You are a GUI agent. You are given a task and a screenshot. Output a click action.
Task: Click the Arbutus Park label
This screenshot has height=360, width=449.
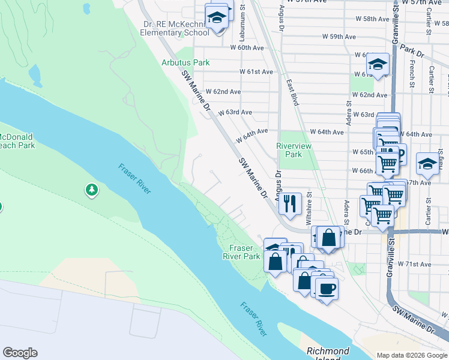tap(185, 62)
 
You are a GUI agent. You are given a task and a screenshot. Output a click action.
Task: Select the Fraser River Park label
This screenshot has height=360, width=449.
tap(245, 252)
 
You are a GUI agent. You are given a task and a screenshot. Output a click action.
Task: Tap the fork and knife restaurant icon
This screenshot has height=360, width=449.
tap(291, 203)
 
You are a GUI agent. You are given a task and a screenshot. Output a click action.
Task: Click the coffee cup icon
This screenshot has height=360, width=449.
tap(327, 290)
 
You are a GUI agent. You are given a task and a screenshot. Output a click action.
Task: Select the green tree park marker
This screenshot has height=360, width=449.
tap(91, 190)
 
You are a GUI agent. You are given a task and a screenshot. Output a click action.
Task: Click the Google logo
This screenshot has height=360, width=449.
tap(20, 353)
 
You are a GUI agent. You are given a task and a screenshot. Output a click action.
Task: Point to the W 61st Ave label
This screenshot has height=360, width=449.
tap(256, 71)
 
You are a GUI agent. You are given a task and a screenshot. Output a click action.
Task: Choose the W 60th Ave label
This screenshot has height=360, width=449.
tap(247, 47)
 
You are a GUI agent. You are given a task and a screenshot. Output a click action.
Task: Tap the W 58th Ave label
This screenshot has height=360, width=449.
tap(372, 19)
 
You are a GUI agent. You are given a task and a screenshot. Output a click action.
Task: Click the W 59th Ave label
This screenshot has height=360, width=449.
tap(339, 37)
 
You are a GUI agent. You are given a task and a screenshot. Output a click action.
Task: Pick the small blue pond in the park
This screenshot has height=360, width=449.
tap(35, 76)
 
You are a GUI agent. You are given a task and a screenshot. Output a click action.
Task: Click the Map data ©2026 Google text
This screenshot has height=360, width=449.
tap(412, 355)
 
